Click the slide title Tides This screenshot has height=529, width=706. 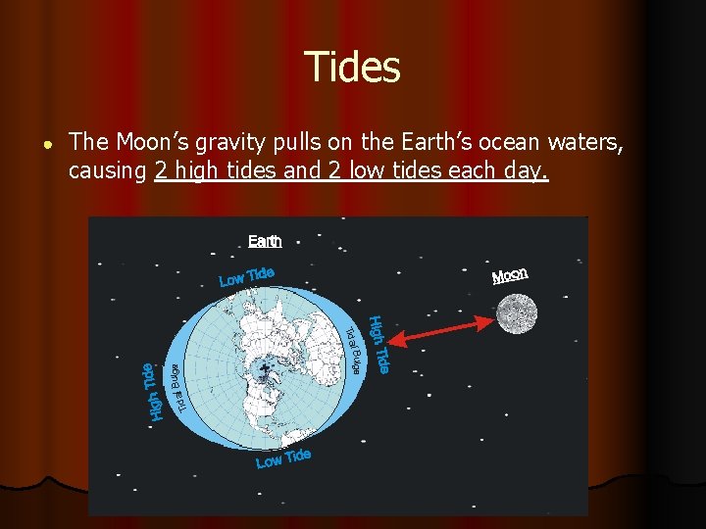coord(352,68)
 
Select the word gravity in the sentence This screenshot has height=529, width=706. coord(225,144)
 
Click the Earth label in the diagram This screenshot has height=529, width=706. coord(265,241)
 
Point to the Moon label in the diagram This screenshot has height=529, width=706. coord(510,275)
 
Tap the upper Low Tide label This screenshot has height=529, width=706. coord(245,276)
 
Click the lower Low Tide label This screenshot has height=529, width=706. coord(283,457)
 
